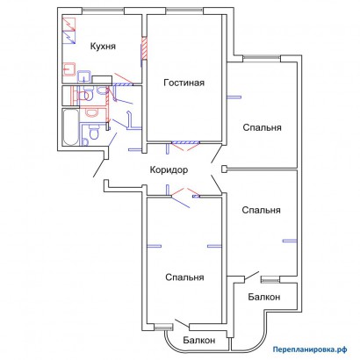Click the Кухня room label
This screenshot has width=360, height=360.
tap(103, 47)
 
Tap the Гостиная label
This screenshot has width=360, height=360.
tap(184, 83)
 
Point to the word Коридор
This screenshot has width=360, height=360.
tap(169, 170)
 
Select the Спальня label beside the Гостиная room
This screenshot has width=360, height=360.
tap(263, 127)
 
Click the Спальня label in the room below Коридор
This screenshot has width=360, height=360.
tap(184, 277)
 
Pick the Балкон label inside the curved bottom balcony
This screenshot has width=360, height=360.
tap(199, 340)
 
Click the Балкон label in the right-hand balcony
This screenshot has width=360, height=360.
tap(264, 297)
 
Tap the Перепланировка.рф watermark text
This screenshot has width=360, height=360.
tap(310, 349)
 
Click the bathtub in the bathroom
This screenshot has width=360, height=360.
tap(71, 127)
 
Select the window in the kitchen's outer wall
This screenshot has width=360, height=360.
tap(104, 11)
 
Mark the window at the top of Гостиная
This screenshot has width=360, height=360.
tap(184, 11)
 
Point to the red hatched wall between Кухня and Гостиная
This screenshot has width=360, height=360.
tap(144, 48)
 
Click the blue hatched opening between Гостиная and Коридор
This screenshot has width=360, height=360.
tap(185, 142)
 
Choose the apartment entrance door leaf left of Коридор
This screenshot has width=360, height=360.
tap(99, 168)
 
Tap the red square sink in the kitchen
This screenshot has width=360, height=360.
tap(69, 69)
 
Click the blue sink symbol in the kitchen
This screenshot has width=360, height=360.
tap(84, 76)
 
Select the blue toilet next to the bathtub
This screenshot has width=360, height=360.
tap(94, 133)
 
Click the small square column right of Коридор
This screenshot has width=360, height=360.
tap(224, 169)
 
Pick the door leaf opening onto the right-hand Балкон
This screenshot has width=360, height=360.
tap(252, 276)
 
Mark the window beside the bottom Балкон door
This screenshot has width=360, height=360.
tap(162, 327)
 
